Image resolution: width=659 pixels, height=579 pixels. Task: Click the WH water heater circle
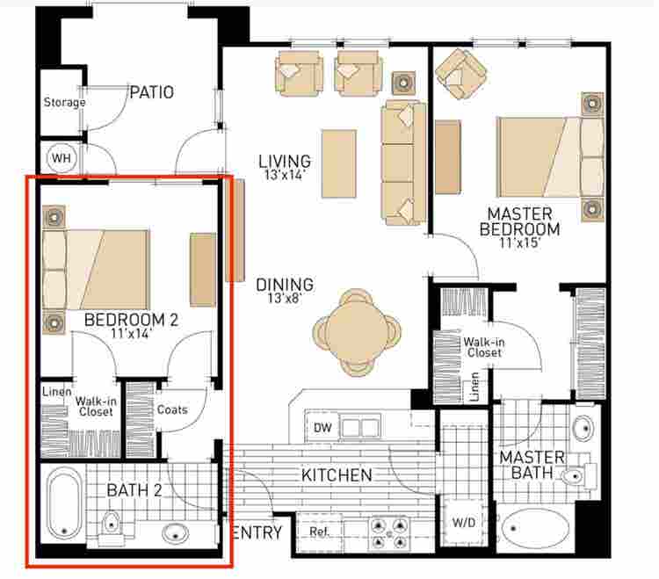pyautogui.click(x=62, y=158)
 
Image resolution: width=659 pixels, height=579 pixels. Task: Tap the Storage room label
pyautogui.click(x=64, y=102)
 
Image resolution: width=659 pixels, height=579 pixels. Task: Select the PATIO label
pyautogui.click(x=152, y=92)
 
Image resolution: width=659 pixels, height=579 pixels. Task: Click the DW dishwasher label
pyautogui.click(x=322, y=428)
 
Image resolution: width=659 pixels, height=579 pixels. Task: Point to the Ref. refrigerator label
pyautogui.click(x=319, y=532)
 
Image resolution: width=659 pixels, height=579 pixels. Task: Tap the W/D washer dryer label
pyautogui.click(x=464, y=523)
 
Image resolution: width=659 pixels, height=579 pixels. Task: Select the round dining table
pyautogui.click(x=357, y=332)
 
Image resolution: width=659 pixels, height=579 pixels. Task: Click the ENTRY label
pyautogui.click(x=257, y=532)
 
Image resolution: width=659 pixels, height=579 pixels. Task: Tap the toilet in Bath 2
pyautogui.click(x=111, y=527)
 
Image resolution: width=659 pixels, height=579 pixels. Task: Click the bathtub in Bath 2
pyautogui.click(x=64, y=503)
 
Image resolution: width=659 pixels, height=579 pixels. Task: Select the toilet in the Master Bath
pyautogui.click(x=578, y=475)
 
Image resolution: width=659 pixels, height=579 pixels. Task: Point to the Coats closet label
pyautogui.click(x=172, y=409)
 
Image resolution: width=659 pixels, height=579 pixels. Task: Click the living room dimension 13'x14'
pyautogui.click(x=285, y=175)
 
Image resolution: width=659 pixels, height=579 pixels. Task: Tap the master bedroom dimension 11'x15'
pyautogui.click(x=519, y=242)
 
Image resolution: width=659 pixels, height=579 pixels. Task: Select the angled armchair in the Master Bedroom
pyautogui.click(x=461, y=74)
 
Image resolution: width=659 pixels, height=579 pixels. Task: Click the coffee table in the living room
pyautogui.click(x=339, y=163)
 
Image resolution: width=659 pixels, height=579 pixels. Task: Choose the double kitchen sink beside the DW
pyautogui.click(x=361, y=428)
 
